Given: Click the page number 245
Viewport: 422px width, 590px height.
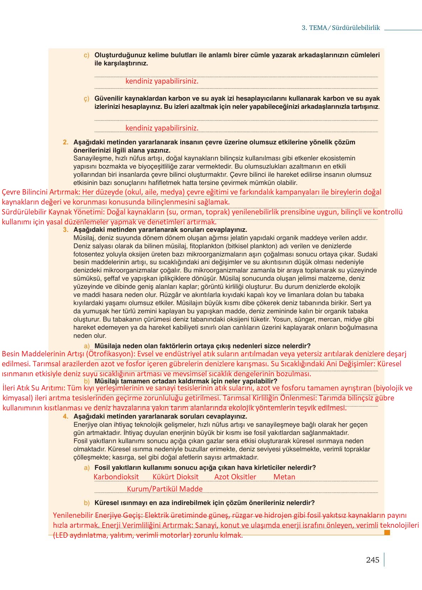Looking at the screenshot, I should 372,560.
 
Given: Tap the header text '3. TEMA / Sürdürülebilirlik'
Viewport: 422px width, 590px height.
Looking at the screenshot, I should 341,28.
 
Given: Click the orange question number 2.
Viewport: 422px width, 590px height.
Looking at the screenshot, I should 65,142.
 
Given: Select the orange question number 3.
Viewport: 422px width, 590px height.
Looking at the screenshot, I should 65,230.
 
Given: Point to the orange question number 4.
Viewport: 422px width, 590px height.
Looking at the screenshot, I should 65,416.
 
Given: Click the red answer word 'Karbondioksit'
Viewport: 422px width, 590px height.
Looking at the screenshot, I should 116,477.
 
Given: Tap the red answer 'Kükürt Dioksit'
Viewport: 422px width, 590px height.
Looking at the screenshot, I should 175,477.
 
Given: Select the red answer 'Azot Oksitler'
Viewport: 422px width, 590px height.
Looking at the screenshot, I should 235,477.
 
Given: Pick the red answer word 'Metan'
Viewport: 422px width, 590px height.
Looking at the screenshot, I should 284,477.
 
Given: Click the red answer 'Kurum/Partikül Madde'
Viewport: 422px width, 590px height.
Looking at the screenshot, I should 165,489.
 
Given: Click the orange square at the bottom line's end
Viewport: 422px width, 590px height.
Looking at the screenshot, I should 387,532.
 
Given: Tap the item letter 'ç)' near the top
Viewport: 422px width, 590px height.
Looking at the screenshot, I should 86,99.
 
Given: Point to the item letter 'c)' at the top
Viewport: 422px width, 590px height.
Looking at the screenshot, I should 86,55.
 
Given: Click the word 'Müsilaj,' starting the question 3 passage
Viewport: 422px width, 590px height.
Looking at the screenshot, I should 84,238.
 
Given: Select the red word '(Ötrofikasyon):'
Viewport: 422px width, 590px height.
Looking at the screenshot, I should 111,354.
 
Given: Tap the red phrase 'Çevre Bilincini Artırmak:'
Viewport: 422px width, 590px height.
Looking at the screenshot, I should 41,192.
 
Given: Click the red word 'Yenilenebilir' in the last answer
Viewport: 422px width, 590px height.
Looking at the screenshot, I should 73,515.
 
